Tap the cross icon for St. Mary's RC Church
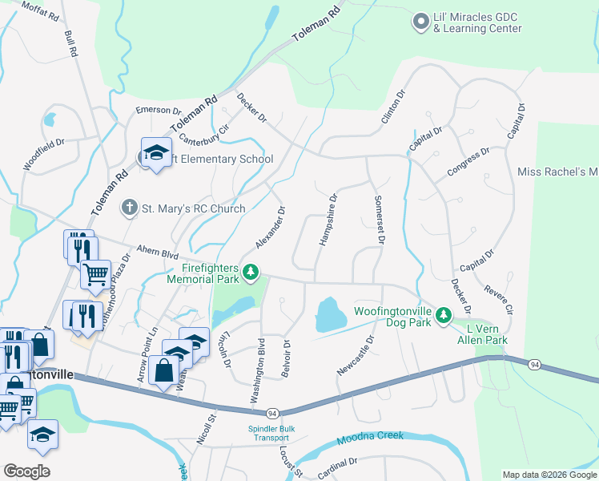(128, 208)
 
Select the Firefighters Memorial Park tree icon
(251, 273)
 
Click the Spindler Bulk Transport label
(271, 433)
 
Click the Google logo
(27, 471)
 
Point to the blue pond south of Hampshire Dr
(330, 314)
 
